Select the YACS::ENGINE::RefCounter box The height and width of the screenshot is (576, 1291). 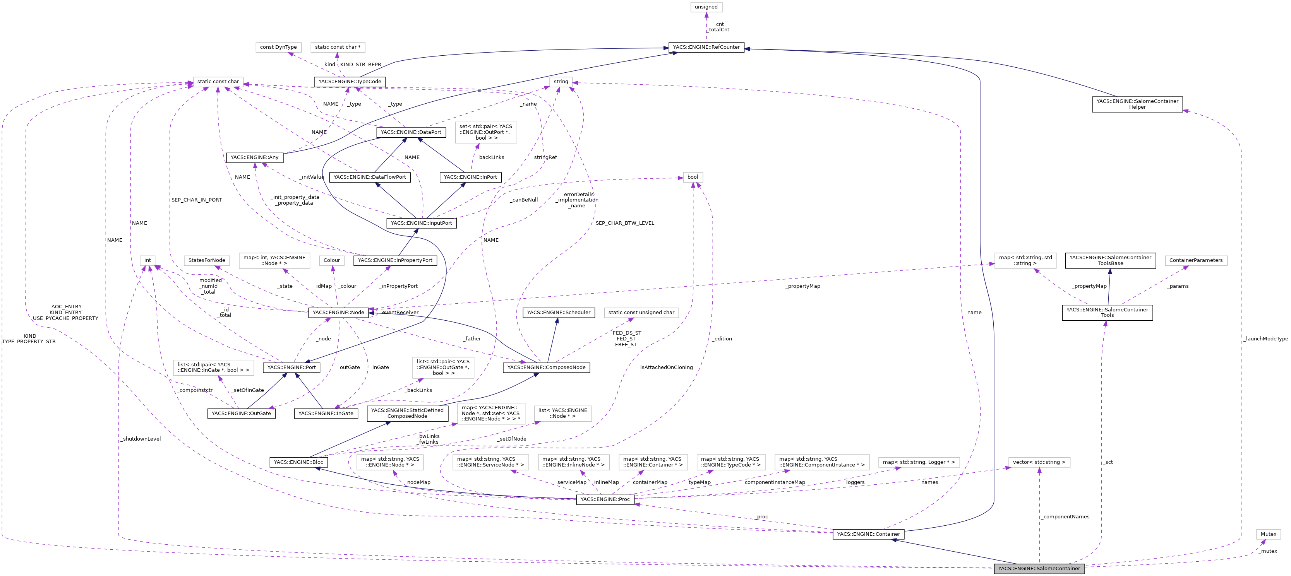706,47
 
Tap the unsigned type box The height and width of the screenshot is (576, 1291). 706,7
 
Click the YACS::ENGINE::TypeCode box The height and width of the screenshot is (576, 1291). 349,82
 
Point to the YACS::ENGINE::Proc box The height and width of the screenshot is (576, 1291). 605,499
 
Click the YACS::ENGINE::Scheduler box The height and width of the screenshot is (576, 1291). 558,313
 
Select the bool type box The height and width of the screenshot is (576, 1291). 693,177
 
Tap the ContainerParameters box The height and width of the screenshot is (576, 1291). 1196,260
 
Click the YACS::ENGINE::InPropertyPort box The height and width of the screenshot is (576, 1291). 395,260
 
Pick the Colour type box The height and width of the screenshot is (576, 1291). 331,260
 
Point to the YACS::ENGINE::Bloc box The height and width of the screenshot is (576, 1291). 298,462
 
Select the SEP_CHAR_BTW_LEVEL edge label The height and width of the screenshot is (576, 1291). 624,223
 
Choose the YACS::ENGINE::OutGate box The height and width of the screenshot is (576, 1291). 241,414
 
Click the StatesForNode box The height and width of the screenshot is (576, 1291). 206,260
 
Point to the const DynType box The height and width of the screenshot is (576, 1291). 278,47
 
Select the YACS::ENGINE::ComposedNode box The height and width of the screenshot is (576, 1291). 546,367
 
